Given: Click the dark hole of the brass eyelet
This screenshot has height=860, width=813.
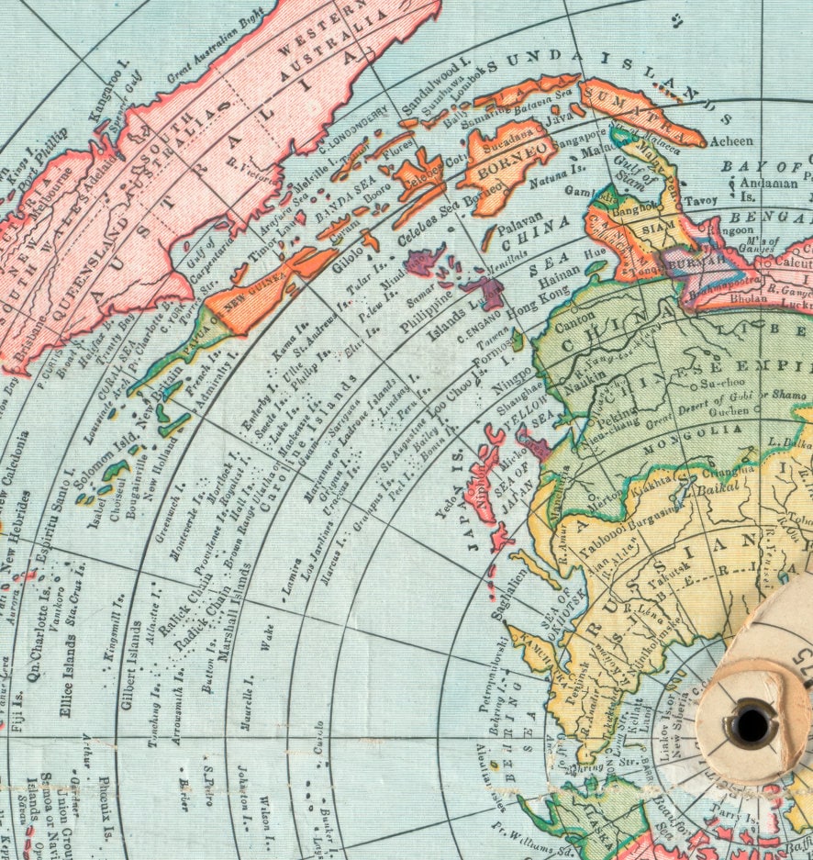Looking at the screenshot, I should pyautogui.click(x=751, y=724).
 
